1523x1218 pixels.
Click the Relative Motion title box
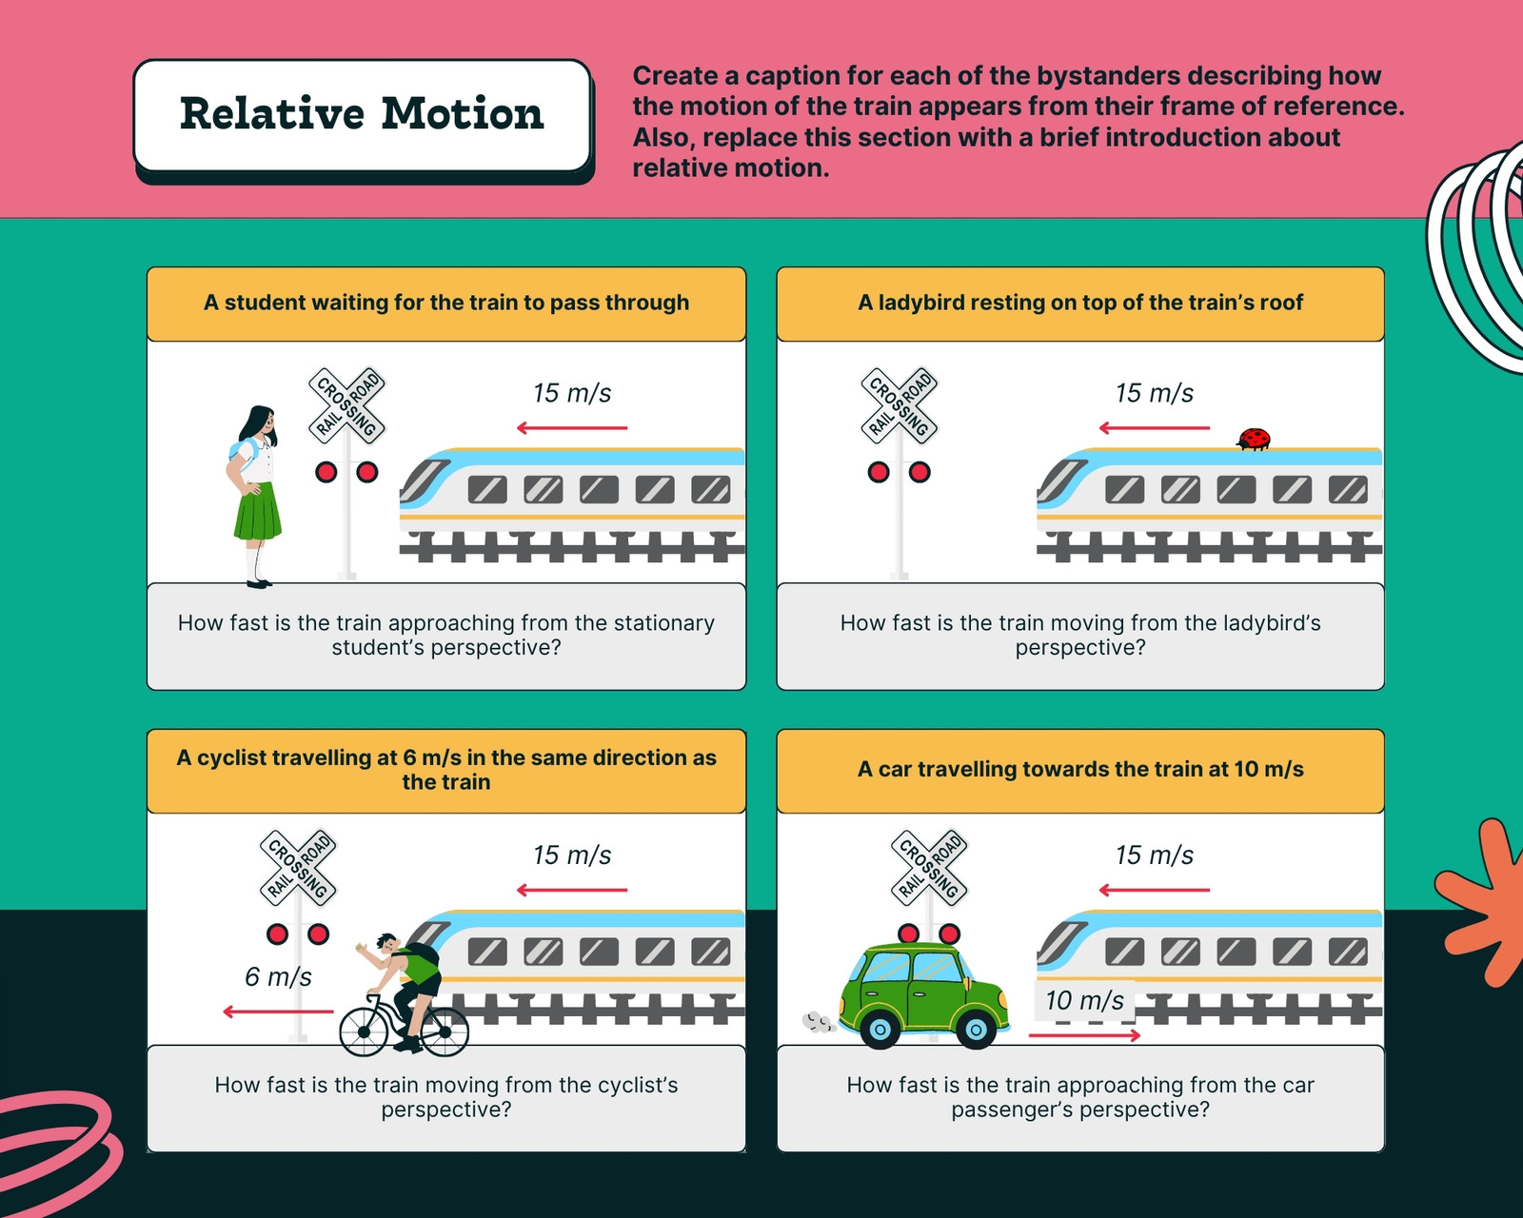tap(363, 115)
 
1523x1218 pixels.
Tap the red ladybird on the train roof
tap(1254, 439)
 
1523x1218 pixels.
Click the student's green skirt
tap(258, 511)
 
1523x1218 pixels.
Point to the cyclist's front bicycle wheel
tap(364, 1031)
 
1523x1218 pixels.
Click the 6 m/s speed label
tap(278, 976)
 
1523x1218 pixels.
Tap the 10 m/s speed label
tap(1084, 1000)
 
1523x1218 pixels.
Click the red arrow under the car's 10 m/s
tap(1084, 1035)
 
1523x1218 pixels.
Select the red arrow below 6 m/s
tap(278, 1012)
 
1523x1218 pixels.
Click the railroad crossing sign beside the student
tap(346, 405)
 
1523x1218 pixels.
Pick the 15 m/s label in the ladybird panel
tap(1155, 393)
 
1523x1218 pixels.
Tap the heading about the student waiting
tap(446, 303)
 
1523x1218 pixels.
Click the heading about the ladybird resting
tap(1080, 303)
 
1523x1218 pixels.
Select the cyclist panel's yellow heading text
tap(446, 769)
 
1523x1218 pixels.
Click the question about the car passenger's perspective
tap(1080, 1097)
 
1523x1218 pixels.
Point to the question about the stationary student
tap(446, 635)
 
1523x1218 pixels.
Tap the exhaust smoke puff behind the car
tap(818, 1022)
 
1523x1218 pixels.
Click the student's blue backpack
tap(242, 453)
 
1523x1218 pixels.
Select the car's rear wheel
tap(880, 1029)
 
